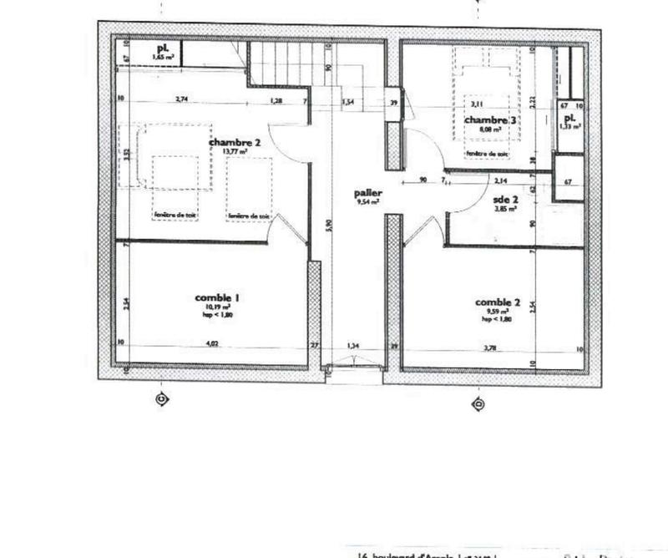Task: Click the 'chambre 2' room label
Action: pyautogui.click(x=235, y=143)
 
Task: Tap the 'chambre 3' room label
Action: pyautogui.click(x=491, y=120)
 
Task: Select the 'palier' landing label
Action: pyautogui.click(x=367, y=193)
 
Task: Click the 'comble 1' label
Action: pyautogui.click(x=218, y=297)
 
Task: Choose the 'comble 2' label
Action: pyautogui.click(x=498, y=302)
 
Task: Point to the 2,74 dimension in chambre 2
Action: pyautogui.click(x=181, y=100)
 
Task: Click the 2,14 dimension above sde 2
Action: pyautogui.click(x=501, y=180)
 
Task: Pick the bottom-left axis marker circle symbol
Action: pyautogui.click(x=163, y=400)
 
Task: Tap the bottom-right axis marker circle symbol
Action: pyautogui.click(x=478, y=404)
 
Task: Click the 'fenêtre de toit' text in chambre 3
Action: pyautogui.click(x=487, y=154)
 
